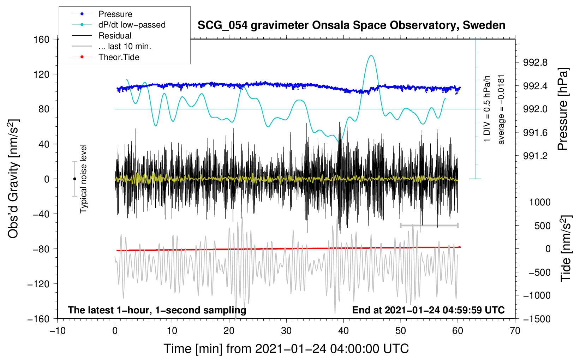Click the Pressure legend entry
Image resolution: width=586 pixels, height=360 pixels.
[x=115, y=14]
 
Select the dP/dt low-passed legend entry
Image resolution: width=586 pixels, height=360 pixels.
[x=132, y=25]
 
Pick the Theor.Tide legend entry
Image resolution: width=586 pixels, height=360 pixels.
[x=119, y=57]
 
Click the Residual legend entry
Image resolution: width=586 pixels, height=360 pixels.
[x=115, y=36]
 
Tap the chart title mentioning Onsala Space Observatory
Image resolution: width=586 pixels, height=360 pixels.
[x=351, y=25]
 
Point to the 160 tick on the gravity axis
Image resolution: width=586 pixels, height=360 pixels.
[x=42, y=39]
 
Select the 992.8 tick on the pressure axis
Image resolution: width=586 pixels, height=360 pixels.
[x=536, y=63]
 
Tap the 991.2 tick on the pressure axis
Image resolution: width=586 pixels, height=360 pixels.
[x=536, y=156]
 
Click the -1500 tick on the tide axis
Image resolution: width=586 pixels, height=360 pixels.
[x=537, y=319]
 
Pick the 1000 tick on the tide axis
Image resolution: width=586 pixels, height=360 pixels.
[x=540, y=202]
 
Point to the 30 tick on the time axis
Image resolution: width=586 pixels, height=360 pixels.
[x=286, y=331]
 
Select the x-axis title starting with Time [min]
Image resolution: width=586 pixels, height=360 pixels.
[x=286, y=349]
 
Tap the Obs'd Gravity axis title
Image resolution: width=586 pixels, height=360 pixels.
[x=13, y=179]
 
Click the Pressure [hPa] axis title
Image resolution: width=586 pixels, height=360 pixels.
[x=564, y=109]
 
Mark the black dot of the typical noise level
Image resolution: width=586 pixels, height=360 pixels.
[x=74, y=179]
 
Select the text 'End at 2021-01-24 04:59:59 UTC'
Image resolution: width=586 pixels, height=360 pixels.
[x=428, y=310]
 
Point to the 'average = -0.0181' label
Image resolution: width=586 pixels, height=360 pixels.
[x=501, y=109]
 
